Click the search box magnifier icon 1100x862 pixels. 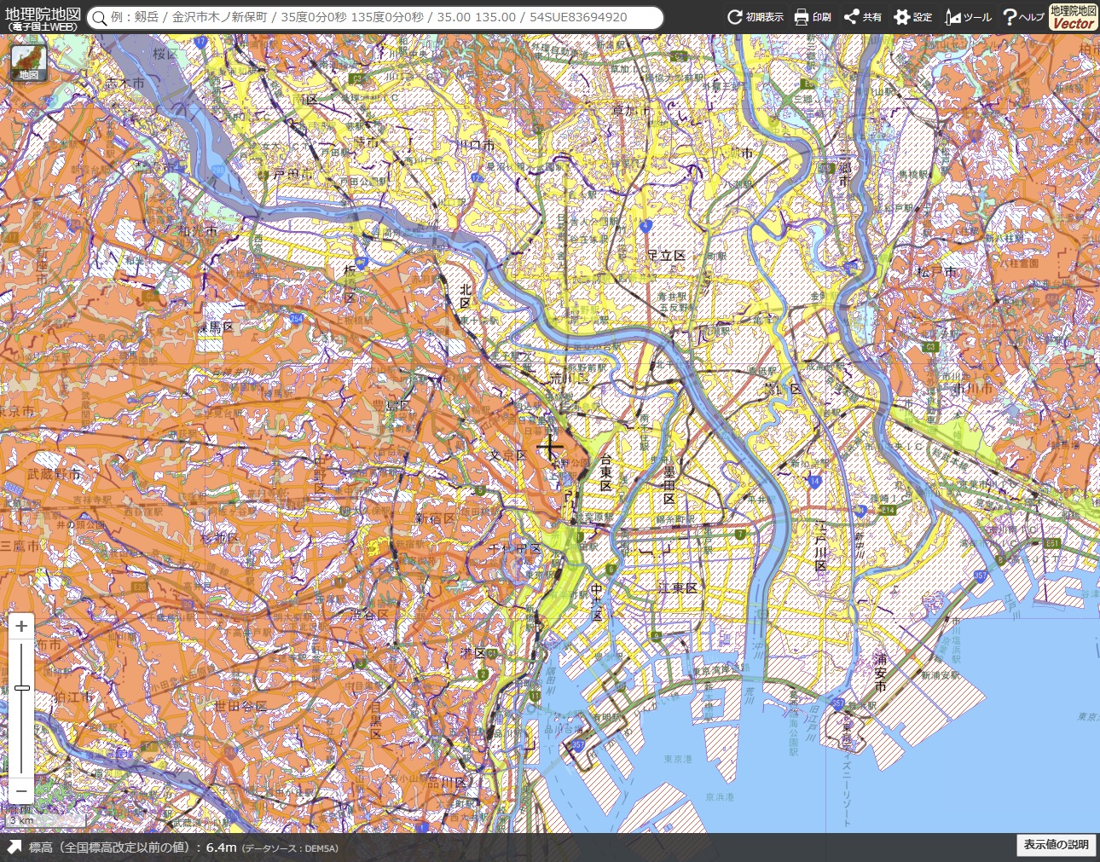tap(100, 18)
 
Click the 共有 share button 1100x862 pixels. tap(862, 17)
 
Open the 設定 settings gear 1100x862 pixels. tap(913, 17)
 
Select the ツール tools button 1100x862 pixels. tap(968, 17)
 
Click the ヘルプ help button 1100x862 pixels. tap(1022, 17)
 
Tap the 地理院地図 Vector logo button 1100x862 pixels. tap(1073, 17)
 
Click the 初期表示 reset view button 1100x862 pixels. tap(755, 17)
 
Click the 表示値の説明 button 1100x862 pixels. tap(1056, 844)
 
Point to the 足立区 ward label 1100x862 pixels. tap(666, 255)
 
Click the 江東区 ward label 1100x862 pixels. tap(678, 588)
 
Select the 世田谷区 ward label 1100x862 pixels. tap(240, 706)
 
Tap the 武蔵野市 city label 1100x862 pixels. tap(55, 474)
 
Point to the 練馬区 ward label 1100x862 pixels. tap(216, 327)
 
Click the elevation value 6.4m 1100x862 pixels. tap(221, 847)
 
